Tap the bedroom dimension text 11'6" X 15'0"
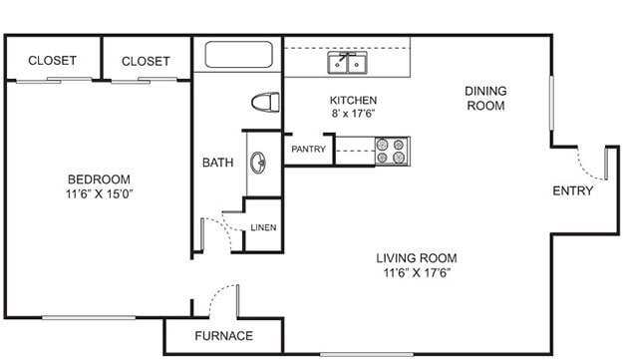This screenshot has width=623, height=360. tap(98, 193)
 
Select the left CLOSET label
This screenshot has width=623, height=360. tap(52, 61)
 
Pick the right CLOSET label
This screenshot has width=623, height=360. tap(146, 61)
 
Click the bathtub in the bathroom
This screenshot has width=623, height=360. tap(237, 55)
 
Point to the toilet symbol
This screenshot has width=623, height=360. tap(265, 102)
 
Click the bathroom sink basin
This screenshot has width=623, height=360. tap(259, 163)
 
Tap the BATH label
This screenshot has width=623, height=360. tap(218, 163)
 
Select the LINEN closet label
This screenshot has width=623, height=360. tap(263, 227)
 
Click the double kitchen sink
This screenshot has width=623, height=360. tap(347, 64)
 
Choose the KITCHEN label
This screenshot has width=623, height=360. tap(353, 100)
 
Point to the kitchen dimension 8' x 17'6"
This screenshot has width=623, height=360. tap(353, 114)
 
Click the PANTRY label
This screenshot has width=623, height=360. tap(308, 150)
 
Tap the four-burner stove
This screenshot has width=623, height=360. tap(391, 151)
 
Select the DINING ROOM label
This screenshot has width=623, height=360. tap(485, 98)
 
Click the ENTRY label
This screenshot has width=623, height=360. tap(573, 190)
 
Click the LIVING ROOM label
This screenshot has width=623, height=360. tap(417, 257)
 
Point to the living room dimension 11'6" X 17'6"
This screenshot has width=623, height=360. tap(417, 272)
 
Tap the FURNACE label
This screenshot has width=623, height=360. tap(223, 335)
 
